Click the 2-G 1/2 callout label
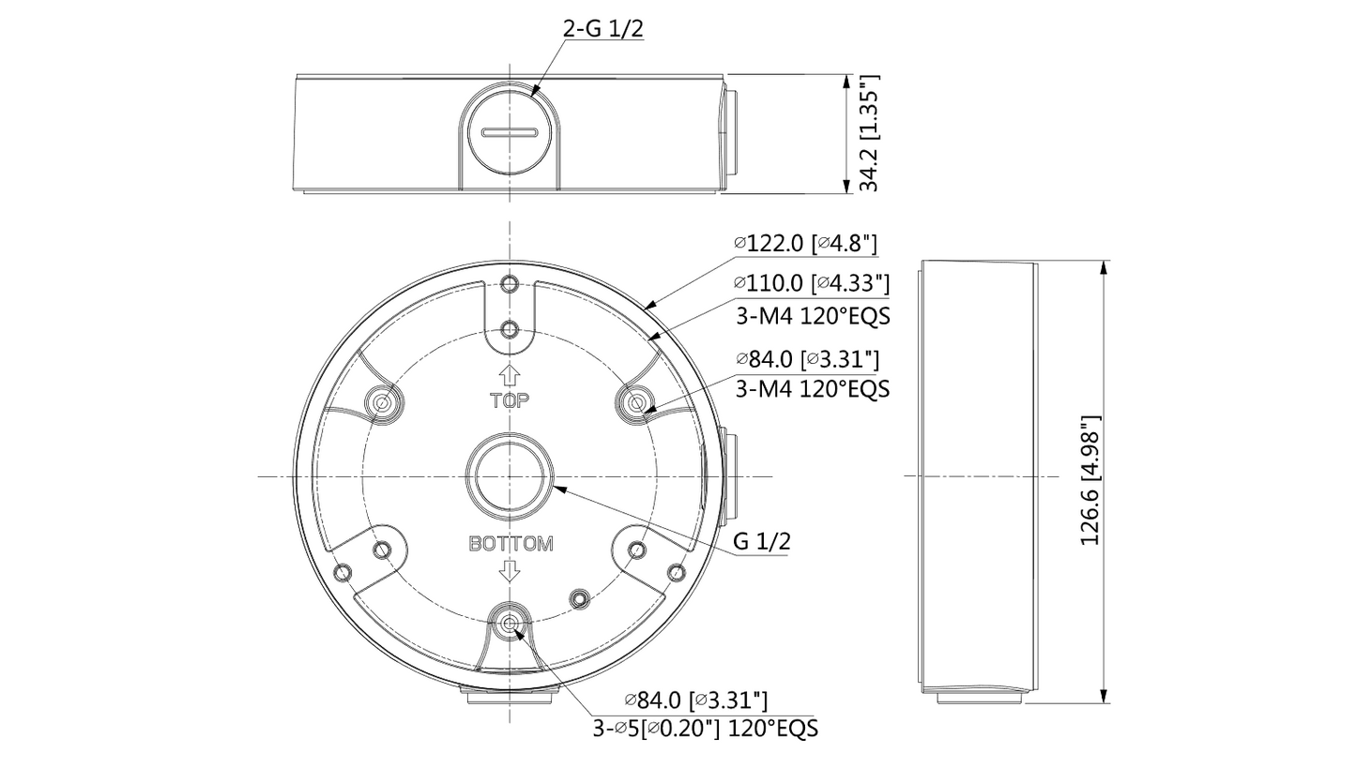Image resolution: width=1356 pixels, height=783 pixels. point(602,28)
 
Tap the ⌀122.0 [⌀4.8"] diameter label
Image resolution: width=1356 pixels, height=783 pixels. point(805,244)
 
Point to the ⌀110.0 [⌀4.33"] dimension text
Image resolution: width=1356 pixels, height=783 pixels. point(812,282)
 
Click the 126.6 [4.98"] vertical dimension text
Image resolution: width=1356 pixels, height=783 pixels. point(1089,481)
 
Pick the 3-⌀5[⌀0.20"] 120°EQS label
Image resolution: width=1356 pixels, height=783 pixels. point(705,729)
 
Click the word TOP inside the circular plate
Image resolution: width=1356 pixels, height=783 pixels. point(510,400)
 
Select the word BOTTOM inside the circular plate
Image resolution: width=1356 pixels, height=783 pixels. point(510,544)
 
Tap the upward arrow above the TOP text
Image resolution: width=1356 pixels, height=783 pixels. point(510,375)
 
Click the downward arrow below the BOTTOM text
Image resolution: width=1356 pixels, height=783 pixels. point(510,570)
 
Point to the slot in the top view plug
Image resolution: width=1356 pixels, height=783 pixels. point(509,132)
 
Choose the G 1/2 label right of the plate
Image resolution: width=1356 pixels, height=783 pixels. point(761,541)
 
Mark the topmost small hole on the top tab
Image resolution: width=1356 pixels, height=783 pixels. point(510,284)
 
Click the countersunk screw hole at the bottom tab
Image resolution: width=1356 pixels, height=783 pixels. point(510,624)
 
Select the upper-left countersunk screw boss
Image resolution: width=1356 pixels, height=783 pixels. point(383,403)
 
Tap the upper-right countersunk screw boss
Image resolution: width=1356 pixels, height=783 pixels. point(637,403)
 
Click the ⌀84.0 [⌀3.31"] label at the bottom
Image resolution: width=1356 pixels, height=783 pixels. point(696,700)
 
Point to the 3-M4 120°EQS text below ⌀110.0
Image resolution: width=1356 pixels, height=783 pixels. point(812,316)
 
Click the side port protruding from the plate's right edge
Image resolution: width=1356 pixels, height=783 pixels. point(730,476)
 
